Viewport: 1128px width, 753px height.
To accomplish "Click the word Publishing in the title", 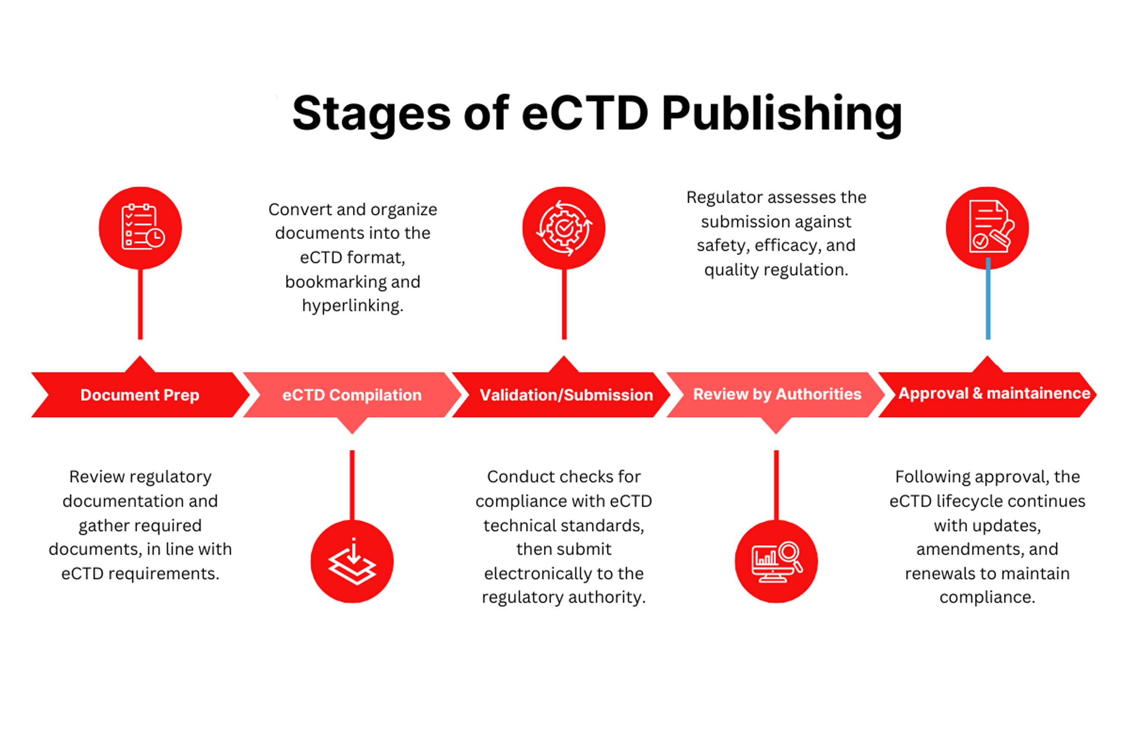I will (x=781, y=114).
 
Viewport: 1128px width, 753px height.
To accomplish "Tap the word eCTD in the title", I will (x=584, y=114).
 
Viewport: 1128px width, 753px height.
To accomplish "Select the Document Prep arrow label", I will (x=140, y=395).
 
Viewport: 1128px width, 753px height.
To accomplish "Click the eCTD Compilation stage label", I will (x=352, y=395).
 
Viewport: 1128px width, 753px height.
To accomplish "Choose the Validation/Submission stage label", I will (x=566, y=395).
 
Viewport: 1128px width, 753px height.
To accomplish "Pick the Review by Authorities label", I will (x=777, y=394).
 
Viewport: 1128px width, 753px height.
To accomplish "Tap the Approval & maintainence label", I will (x=994, y=393).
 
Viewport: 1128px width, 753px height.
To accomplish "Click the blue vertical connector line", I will (x=988, y=300).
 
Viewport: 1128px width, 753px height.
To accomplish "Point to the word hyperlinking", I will (x=352, y=305).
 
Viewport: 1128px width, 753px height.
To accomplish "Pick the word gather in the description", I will (x=104, y=525).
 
